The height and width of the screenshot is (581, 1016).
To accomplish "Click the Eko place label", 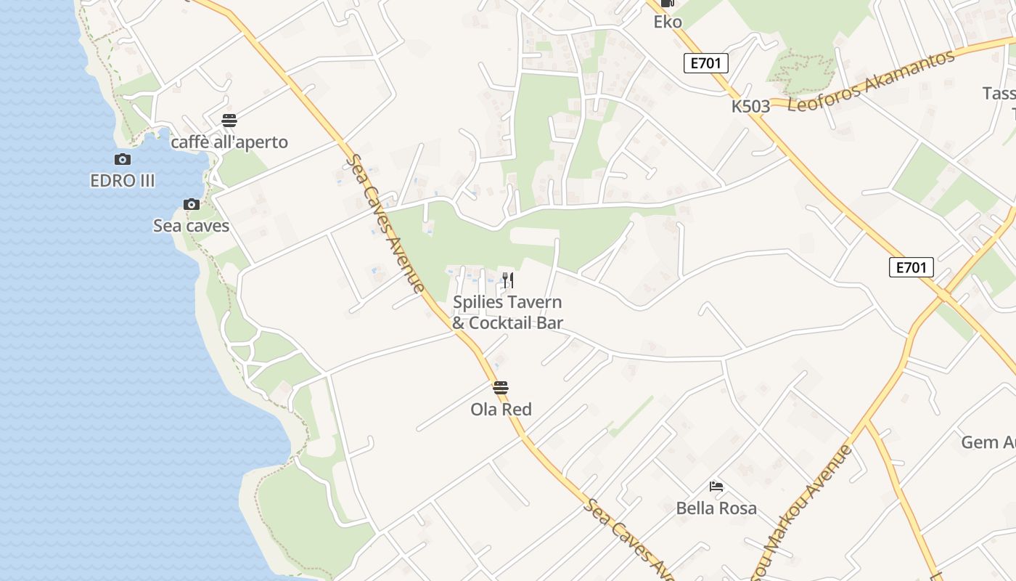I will [668, 22].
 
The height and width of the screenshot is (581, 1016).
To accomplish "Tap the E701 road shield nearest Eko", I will [705, 63].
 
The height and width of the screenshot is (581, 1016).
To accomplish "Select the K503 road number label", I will [750, 107].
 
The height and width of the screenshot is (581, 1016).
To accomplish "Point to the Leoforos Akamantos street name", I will [871, 81].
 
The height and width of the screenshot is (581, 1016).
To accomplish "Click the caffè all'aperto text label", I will [229, 142].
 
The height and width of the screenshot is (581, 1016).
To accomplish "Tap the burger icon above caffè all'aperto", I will [229, 120].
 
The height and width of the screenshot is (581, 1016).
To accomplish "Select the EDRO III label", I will [123, 181].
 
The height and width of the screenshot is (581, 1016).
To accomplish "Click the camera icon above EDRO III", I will [123, 159].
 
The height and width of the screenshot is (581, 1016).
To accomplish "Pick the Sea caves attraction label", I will [191, 226].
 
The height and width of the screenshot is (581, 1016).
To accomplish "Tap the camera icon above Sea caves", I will [192, 204].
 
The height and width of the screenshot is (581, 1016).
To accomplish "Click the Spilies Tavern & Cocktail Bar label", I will [507, 312].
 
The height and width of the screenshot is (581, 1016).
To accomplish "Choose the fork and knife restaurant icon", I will [508, 280].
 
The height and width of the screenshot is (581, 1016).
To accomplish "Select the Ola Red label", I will [501, 409].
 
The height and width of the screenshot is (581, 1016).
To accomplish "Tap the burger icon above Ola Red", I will [501, 387].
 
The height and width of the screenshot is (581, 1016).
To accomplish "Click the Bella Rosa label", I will [716, 508].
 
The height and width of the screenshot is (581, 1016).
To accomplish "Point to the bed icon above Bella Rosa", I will [716, 486].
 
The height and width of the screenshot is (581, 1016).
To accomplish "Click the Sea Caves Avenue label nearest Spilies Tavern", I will [385, 224].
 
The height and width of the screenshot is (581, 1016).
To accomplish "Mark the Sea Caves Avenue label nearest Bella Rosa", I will [628, 538].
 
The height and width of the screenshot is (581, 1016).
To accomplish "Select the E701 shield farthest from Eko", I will [911, 267].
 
